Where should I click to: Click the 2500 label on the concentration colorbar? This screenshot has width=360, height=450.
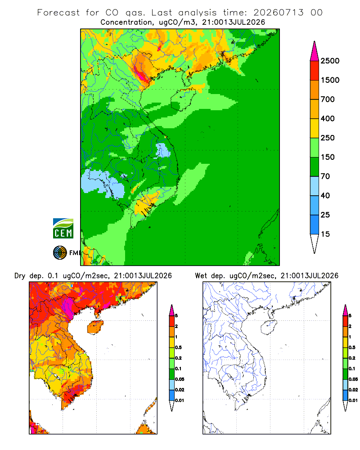point(330,61)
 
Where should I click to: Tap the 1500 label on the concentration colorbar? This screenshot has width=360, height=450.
point(330,80)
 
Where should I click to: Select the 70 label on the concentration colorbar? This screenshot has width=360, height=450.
point(325,176)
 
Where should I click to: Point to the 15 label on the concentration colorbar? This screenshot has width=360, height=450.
point(325,234)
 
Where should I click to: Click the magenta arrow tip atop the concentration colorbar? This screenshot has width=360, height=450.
point(315,52)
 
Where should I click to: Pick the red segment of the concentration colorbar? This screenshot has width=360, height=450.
point(315,71)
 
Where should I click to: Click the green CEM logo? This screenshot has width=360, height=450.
point(63,229)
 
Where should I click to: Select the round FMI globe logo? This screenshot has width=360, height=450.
point(60,253)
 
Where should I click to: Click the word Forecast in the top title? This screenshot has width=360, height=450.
point(58,13)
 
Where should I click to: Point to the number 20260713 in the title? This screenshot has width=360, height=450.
point(278,13)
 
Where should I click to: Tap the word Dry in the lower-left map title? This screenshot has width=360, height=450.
point(20,276)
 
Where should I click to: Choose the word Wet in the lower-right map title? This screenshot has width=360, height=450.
point(201,276)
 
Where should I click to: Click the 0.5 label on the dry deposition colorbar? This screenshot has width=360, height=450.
point(178,347)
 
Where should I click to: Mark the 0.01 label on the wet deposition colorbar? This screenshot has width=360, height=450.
point(353,400)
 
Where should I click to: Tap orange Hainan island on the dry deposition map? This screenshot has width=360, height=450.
point(95,327)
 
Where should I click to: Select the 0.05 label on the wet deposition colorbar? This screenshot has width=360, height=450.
point(353,379)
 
